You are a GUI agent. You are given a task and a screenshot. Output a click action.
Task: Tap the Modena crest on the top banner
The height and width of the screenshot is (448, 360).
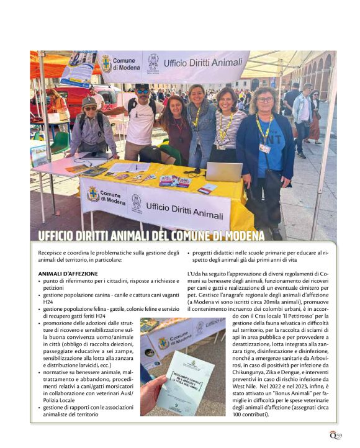[106, 63]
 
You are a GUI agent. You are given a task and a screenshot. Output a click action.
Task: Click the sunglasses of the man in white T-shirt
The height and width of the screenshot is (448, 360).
[142, 92]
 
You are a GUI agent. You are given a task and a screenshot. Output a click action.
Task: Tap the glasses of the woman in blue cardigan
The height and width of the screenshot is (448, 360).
[265, 100]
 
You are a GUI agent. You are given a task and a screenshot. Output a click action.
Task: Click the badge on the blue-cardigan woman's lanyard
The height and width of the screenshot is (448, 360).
[265, 148]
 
